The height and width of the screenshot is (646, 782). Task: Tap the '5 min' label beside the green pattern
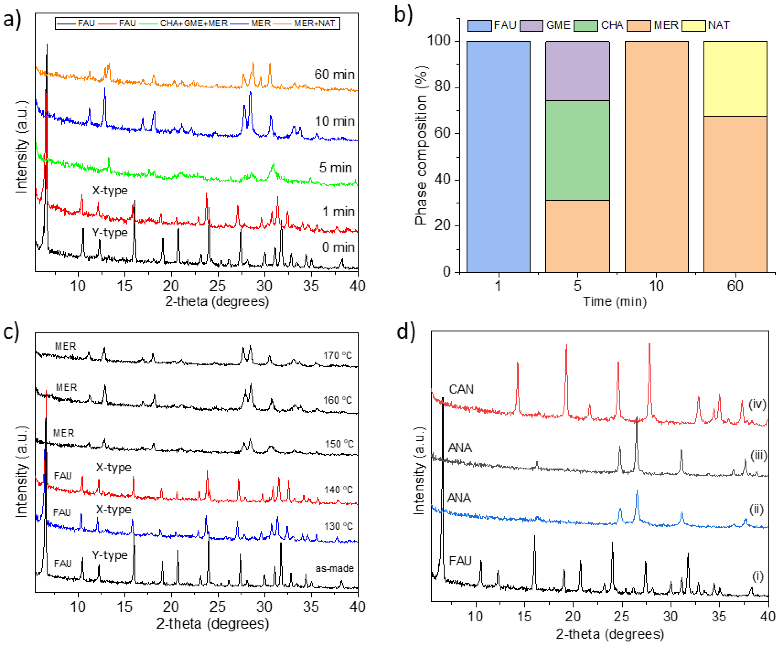click(x=335, y=168)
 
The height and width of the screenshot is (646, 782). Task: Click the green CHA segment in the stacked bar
click(x=577, y=150)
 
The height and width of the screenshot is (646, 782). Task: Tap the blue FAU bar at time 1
click(x=498, y=156)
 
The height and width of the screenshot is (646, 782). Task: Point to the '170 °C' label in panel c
click(x=337, y=355)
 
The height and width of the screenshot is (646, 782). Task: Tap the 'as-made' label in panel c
click(x=334, y=568)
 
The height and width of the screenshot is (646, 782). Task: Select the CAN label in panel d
click(x=461, y=389)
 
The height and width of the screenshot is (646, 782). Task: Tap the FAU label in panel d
click(x=460, y=561)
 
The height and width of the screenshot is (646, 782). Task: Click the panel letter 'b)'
click(x=404, y=16)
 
